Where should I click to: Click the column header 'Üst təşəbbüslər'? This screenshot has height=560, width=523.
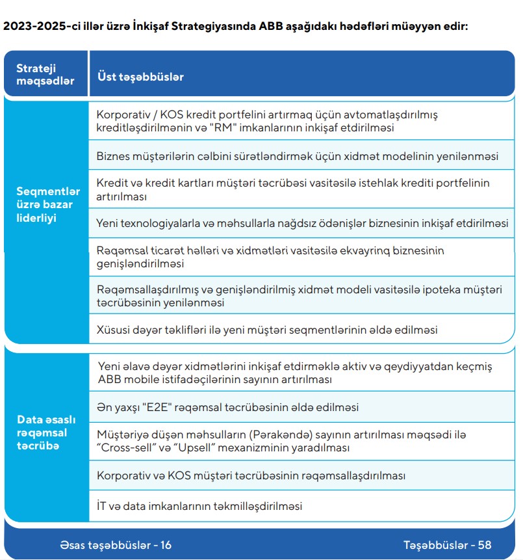(140, 77)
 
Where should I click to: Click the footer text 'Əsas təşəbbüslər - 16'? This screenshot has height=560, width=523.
(116, 544)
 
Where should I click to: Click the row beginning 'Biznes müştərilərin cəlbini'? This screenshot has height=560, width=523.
(297, 157)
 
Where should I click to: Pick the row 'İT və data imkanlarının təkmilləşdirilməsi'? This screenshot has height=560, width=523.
(199, 505)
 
